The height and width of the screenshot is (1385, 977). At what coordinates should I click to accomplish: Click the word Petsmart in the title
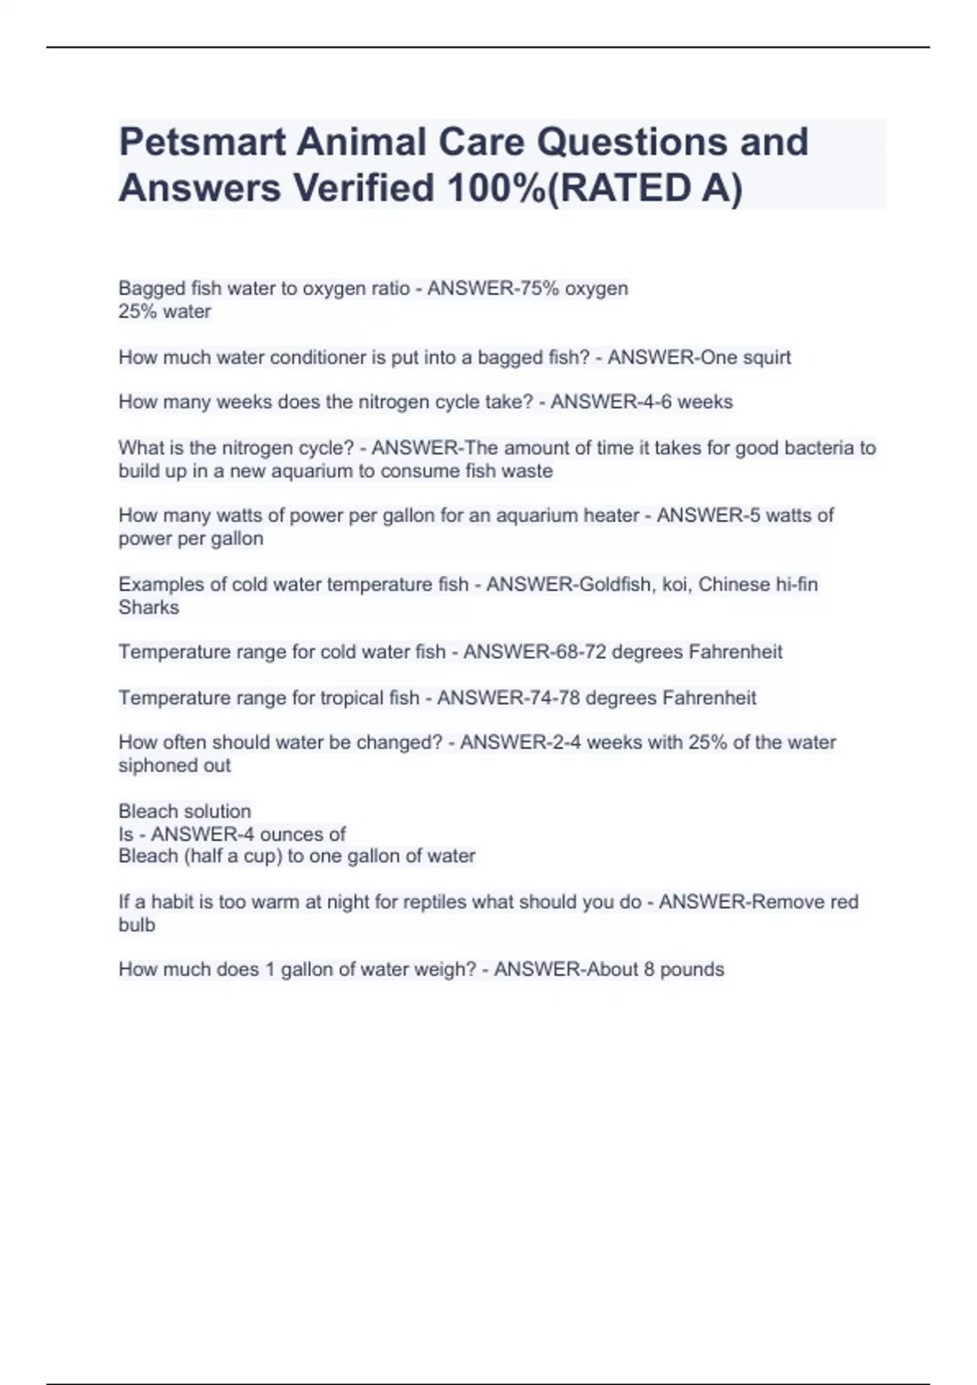tap(201, 142)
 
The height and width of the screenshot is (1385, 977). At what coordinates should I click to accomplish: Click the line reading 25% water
tap(164, 311)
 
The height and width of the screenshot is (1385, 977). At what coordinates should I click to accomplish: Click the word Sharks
tap(148, 607)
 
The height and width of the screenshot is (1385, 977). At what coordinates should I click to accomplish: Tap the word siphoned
tap(152, 765)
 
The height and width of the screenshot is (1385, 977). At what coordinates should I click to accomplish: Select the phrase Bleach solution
tap(185, 811)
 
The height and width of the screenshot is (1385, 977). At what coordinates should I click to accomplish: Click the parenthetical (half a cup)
tap(223, 855)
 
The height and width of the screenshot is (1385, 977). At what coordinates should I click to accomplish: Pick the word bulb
tap(136, 925)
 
